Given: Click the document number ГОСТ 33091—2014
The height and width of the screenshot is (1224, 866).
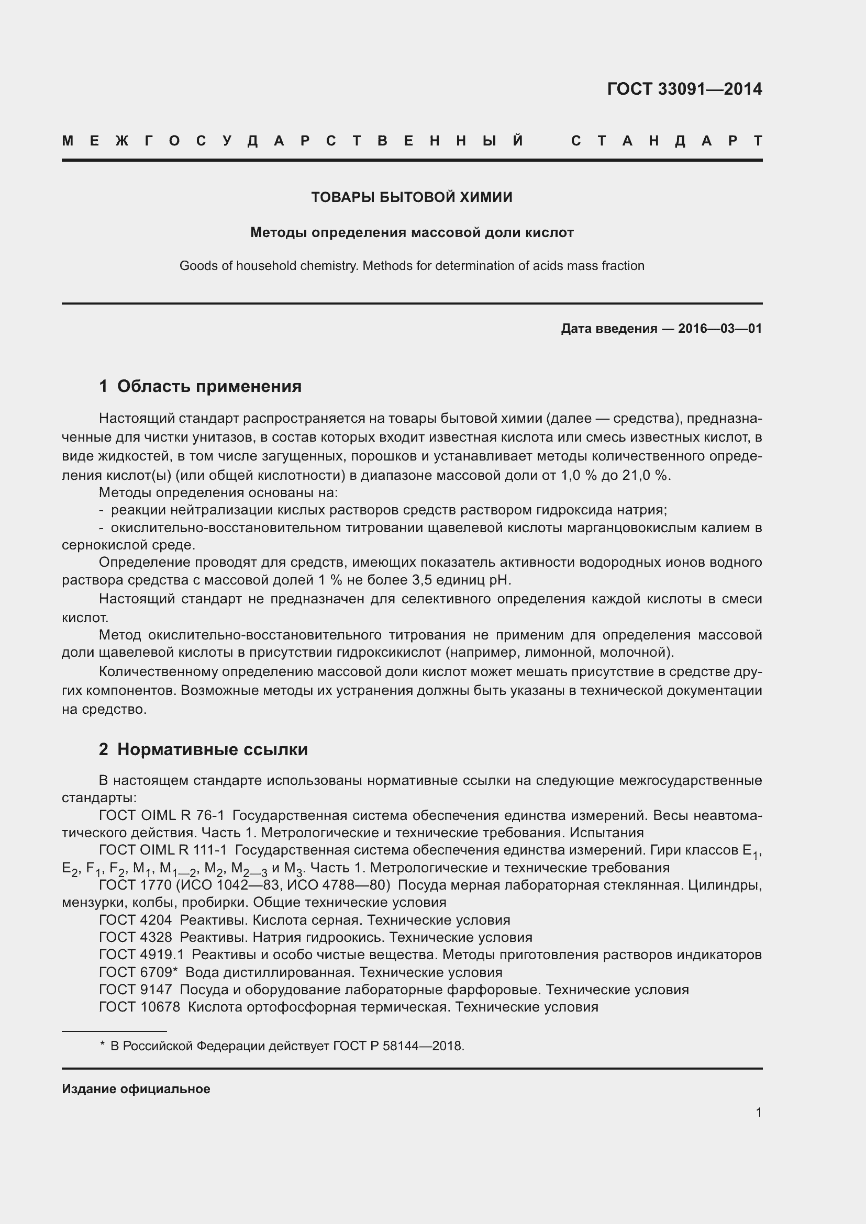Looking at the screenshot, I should click(684, 88).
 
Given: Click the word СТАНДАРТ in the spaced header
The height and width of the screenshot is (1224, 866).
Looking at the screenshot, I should click(666, 141).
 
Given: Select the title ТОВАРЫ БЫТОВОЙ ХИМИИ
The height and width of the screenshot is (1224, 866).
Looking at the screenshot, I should click(412, 197).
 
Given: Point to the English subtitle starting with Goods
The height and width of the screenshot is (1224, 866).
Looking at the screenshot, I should click(412, 265).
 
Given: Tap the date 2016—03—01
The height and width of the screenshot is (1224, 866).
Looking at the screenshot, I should click(720, 329).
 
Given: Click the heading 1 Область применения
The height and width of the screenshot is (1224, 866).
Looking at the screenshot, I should click(201, 386).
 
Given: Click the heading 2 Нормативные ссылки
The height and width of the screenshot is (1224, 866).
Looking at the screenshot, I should click(203, 749).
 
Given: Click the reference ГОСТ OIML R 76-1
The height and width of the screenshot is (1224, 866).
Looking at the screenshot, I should click(162, 815).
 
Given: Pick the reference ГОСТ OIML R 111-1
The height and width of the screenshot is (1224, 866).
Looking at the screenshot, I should click(163, 850).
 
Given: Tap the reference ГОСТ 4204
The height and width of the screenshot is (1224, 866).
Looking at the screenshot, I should click(136, 919).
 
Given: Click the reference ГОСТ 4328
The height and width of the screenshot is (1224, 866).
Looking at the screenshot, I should click(136, 937).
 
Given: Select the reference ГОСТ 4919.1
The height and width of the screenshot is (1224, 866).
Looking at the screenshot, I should click(141, 955).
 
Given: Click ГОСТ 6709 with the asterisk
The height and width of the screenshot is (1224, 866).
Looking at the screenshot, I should click(138, 972).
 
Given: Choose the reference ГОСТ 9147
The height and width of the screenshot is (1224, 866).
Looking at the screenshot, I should click(136, 990).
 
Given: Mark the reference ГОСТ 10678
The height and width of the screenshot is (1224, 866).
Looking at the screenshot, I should click(140, 1007).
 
